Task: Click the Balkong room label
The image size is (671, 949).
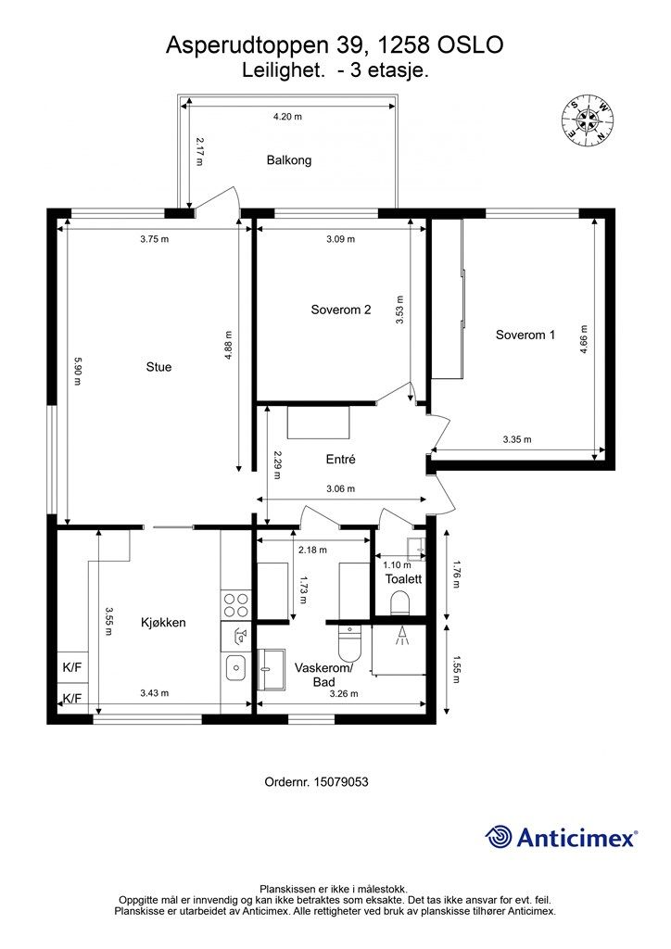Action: [x=289, y=160]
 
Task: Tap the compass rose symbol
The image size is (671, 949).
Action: [x=588, y=120]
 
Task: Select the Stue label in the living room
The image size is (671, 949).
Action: [x=159, y=367]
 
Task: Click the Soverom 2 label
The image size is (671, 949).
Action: [x=341, y=310]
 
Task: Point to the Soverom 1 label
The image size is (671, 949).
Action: [x=525, y=335]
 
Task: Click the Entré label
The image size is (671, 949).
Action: [x=341, y=460]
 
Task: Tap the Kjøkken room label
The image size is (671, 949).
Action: [x=163, y=622]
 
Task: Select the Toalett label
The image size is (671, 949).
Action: [x=403, y=578]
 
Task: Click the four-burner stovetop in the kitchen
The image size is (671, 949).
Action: [x=235, y=604]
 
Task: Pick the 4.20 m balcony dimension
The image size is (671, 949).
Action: [x=287, y=117]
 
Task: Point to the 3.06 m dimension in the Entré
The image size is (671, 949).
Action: [x=341, y=488]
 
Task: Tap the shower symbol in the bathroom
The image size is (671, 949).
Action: [x=400, y=635]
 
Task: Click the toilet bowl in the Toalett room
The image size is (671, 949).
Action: [x=399, y=603]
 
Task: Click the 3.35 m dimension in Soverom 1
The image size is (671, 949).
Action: [x=517, y=439]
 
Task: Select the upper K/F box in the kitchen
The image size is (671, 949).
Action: [x=72, y=668]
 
